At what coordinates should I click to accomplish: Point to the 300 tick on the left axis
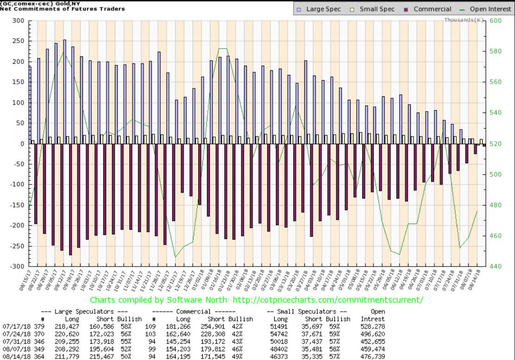point(18,21)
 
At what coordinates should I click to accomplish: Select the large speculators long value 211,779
point(71,357)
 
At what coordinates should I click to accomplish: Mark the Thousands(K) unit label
point(464,20)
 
